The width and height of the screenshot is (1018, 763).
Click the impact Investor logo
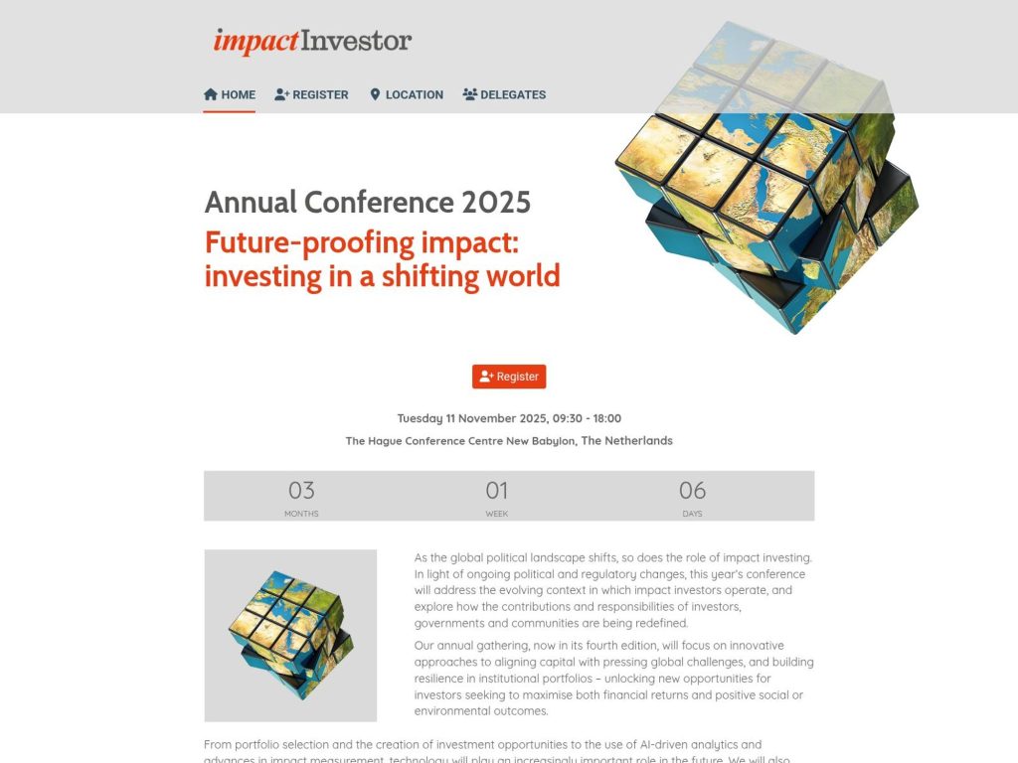312,42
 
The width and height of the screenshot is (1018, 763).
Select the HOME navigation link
230,94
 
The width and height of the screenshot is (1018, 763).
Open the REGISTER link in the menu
311,94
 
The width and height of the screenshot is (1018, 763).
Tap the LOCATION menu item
407,94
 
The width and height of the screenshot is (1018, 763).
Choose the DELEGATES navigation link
504,94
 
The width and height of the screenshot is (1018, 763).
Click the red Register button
509,377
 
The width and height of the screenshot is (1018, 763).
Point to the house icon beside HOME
211,94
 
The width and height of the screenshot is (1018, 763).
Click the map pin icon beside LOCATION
375,94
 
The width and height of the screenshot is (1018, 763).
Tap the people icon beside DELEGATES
469,94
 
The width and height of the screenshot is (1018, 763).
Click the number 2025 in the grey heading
496,203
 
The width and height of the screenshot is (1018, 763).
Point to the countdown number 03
301,490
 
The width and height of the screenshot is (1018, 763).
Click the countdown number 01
497,490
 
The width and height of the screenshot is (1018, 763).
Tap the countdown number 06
692,490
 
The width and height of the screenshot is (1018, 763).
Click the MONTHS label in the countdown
301,514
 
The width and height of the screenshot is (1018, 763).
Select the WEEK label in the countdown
497,514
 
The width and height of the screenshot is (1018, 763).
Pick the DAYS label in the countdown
692,514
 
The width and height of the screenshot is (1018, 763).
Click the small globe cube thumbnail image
290,635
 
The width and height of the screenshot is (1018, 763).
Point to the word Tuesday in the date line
420,418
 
